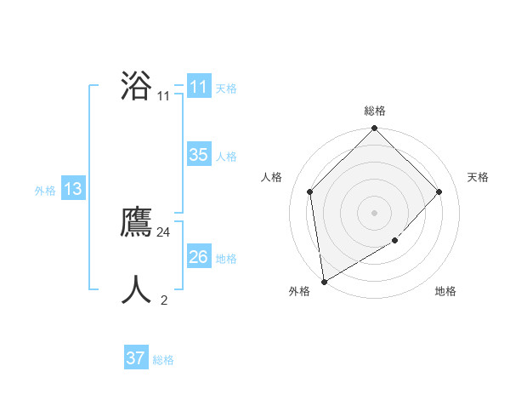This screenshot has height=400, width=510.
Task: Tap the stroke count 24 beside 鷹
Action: click(164, 231)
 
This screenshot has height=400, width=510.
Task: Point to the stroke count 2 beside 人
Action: click(164, 300)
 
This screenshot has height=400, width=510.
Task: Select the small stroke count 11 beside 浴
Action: click(163, 96)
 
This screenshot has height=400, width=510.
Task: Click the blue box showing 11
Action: click(198, 87)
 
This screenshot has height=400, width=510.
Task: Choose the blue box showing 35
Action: click(198, 155)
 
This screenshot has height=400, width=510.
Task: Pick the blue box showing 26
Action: click(198, 257)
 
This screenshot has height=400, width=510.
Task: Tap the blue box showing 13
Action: click(72, 189)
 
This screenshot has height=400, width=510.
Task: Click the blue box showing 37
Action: click(135, 358)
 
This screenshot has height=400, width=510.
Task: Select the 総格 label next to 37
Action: click(163, 360)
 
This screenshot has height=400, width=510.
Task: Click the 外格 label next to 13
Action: click(45, 191)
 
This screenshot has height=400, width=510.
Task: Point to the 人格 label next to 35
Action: click(226, 157)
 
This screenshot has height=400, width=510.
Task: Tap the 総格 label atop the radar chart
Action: click(375, 111)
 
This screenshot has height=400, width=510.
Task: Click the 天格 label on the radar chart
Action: click(478, 177)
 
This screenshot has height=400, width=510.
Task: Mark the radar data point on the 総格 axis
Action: click(375, 129)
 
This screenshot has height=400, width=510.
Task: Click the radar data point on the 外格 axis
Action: click(324, 282)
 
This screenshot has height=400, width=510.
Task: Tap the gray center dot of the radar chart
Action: click(375, 212)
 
